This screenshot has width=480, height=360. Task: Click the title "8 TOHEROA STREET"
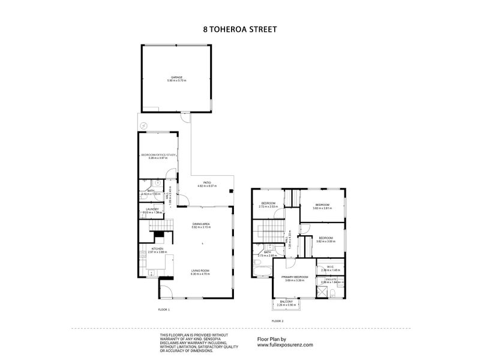240,28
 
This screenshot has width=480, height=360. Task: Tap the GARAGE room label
176,77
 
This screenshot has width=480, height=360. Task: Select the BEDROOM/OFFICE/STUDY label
159,155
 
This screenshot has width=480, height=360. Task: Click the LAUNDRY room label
152,209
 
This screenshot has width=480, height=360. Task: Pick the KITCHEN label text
157,248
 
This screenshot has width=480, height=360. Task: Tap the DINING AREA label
200,223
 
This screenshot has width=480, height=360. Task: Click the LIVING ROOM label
200,270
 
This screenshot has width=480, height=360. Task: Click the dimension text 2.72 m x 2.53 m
267,207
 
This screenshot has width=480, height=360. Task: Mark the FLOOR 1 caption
164,310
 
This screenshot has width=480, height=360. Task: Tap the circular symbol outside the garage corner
143,125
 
